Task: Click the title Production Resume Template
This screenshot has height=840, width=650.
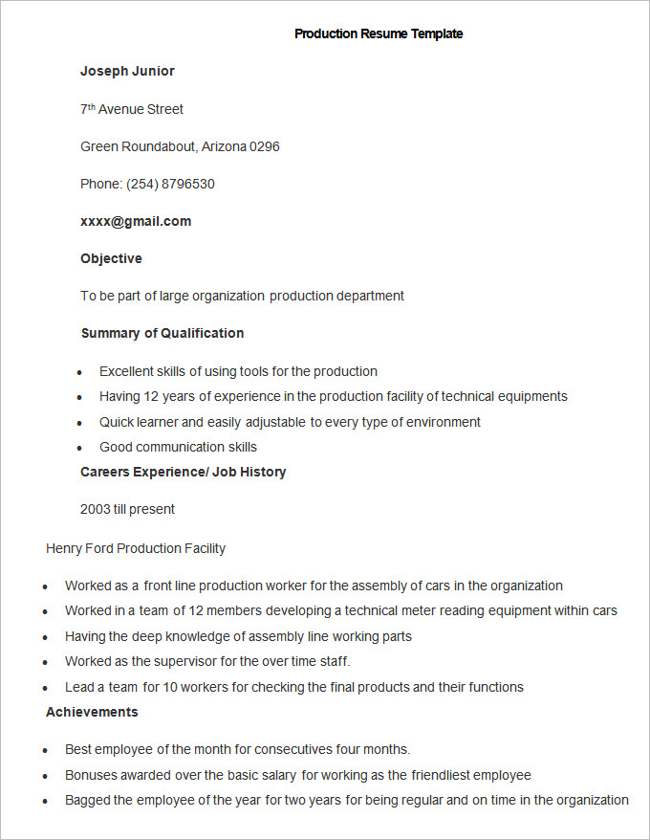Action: click(379, 33)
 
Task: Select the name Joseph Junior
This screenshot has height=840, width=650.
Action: click(127, 71)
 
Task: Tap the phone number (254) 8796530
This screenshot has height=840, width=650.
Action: click(170, 184)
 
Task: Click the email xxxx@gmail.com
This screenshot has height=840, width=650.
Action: click(136, 221)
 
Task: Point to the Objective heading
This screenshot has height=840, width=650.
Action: click(111, 258)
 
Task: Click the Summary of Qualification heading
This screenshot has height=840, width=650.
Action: click(162, 333)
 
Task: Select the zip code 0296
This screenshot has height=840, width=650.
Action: click(265, 146)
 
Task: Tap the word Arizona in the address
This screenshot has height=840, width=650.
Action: click(224, 146)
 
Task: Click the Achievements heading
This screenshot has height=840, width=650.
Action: click(92, 712)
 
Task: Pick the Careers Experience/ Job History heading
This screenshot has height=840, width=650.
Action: click(184, 472)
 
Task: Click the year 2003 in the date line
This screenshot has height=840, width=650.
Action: click(96, 509)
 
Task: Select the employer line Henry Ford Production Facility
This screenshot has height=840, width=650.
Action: click(136, 548)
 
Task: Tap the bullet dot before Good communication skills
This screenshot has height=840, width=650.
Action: click(80, 448)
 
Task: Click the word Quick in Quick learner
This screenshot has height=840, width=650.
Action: click(116, 422)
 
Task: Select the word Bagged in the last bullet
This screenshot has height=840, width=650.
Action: click(87, 800)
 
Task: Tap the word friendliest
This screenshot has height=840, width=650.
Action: click(441, 775)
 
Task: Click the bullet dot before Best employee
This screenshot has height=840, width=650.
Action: click(46, 751)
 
